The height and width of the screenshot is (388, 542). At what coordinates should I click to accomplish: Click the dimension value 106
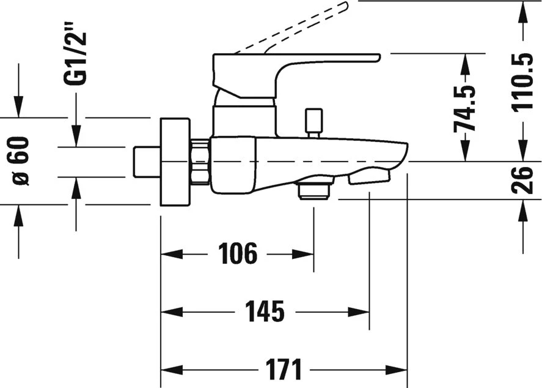(238, 253)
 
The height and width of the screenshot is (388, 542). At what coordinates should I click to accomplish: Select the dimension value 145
(265, 312)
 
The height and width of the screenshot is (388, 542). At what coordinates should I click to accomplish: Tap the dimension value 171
(283, 370)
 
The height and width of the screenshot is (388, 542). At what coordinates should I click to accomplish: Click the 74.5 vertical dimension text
(466, 108)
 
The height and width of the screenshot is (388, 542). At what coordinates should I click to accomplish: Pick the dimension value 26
(523, 180)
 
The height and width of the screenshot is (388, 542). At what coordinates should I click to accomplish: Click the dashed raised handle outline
(293, 28)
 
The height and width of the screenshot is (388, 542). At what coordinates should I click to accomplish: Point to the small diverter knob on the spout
(313, 121)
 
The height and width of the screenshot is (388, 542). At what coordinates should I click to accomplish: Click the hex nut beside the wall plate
(200, 162)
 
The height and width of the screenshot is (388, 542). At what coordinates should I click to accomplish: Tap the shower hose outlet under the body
(313, 190)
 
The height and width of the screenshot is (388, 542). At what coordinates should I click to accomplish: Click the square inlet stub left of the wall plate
(146, 162)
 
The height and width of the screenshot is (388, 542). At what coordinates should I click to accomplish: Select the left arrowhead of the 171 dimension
(166, 370)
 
